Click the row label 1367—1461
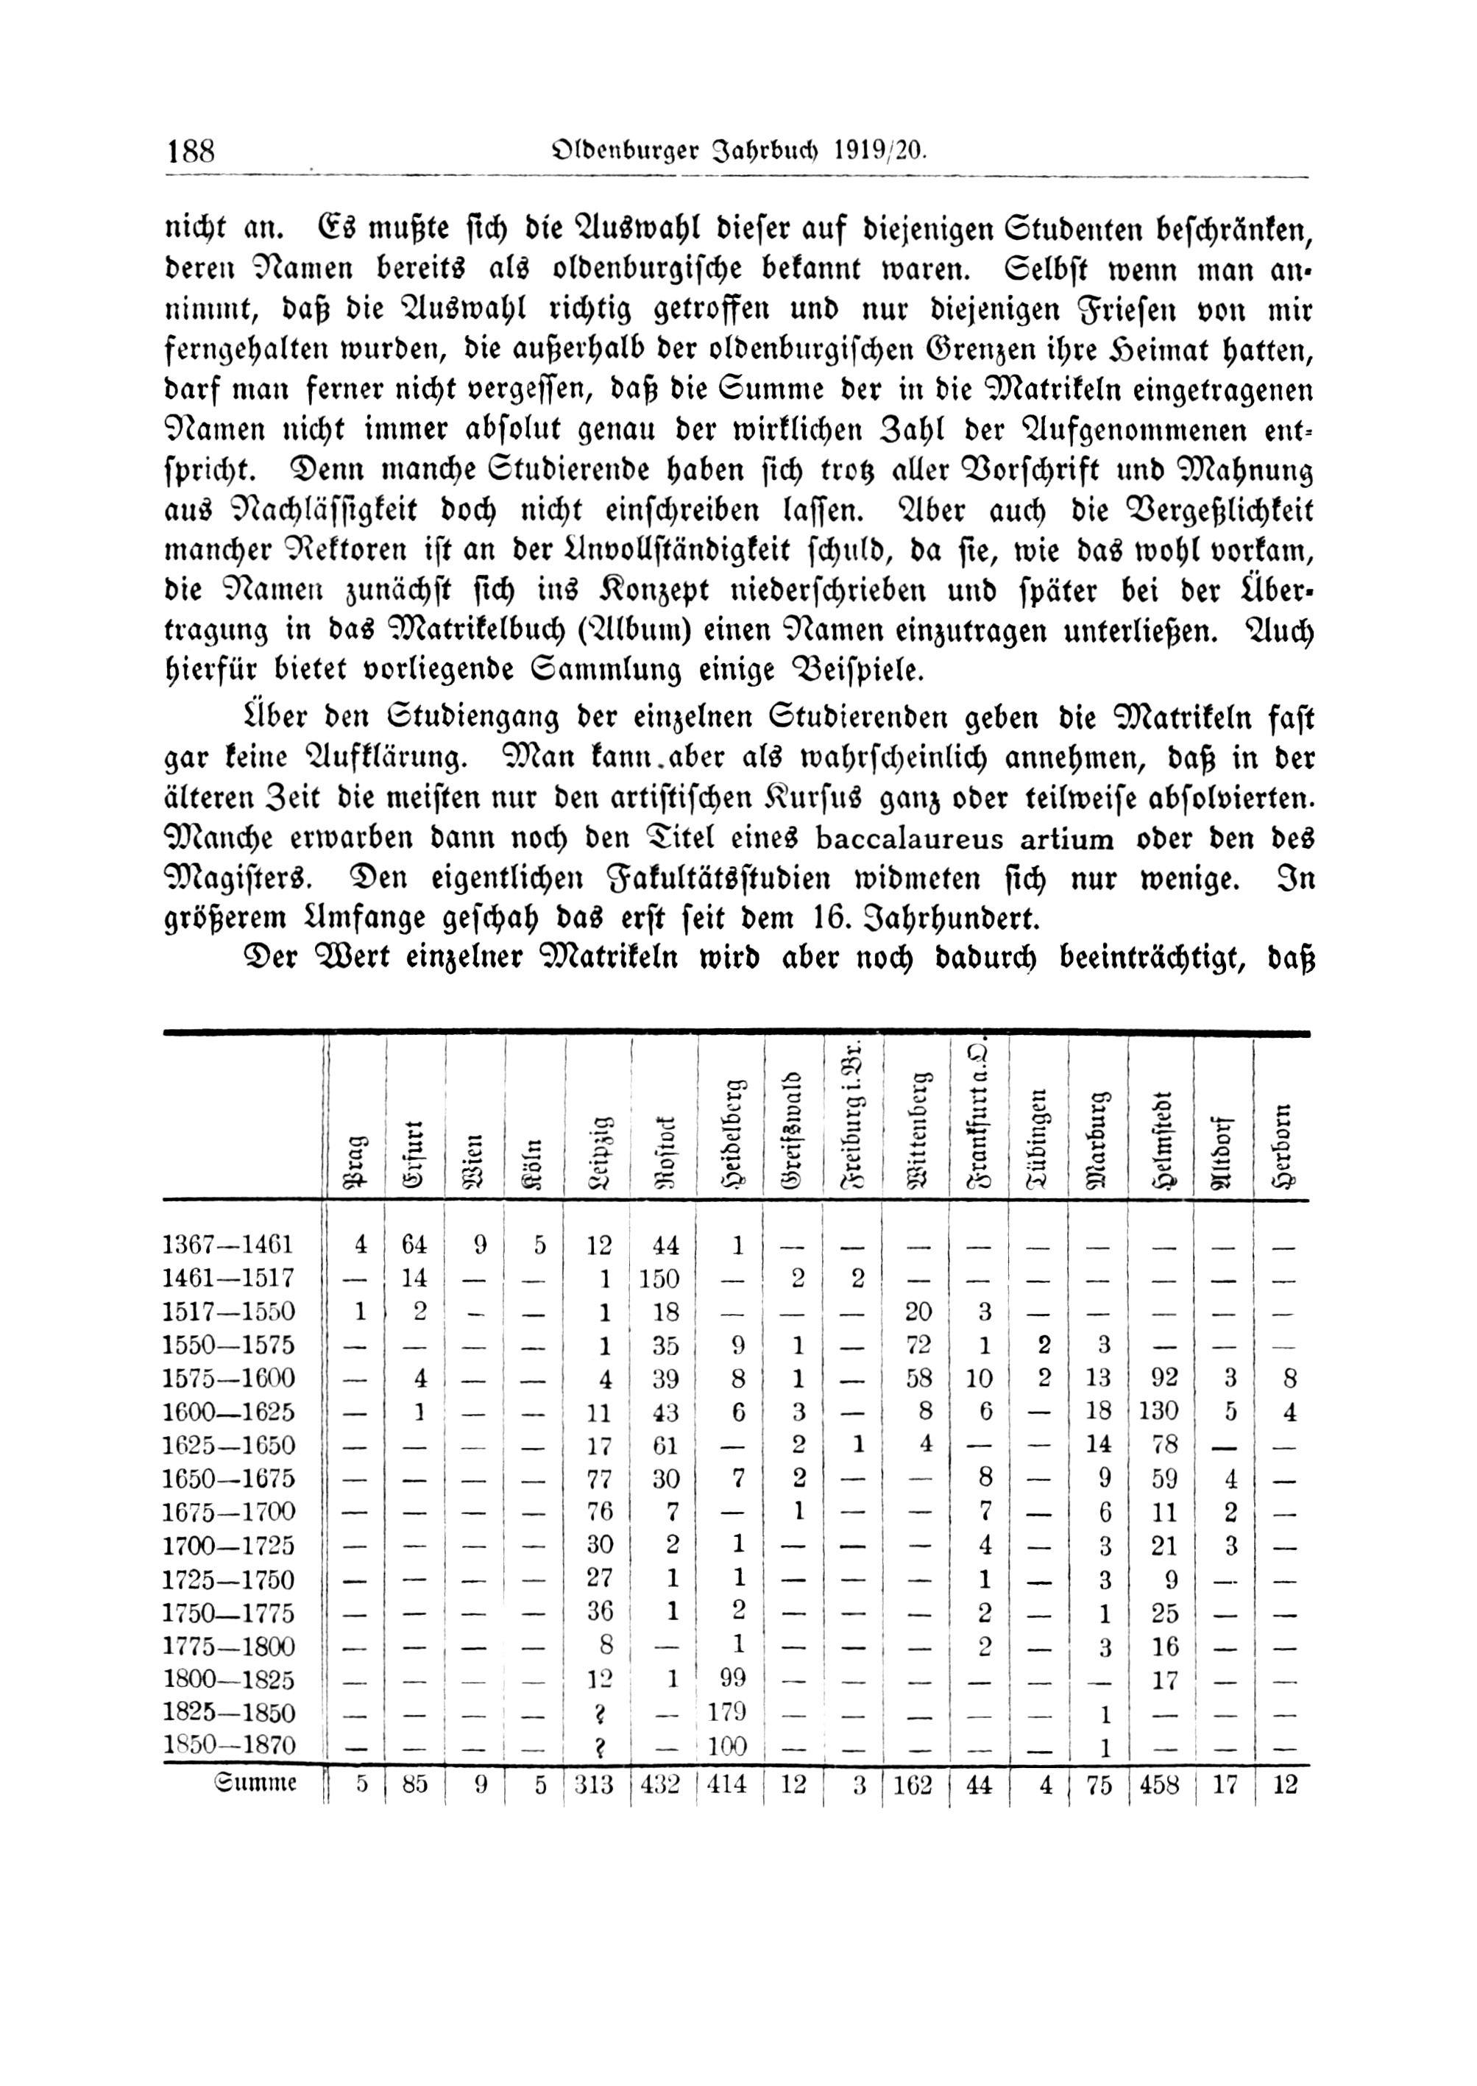click(x=228, y=1244)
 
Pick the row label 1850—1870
click(x=229, y=1745)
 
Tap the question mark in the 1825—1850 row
click(x=598, y=1713)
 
